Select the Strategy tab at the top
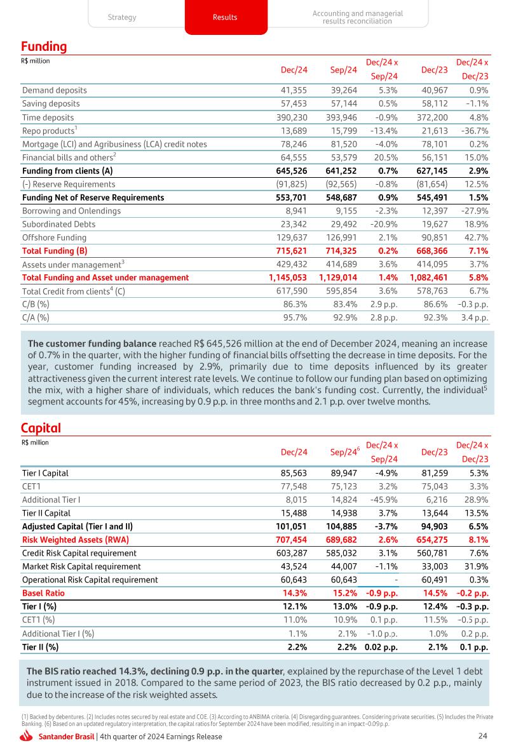[x=121, y=17]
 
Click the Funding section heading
[x=44, y=47]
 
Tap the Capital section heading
[x=41, y=429]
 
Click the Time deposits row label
[x=48, y=117]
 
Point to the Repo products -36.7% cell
[x=474, y=131]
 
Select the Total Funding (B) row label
[x=55, y=251]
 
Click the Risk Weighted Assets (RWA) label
[x=76, y=540]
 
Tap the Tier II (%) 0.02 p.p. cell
[x=381, y=647]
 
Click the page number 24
[x=482, y=737]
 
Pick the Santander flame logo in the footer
[x=27, y=737]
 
